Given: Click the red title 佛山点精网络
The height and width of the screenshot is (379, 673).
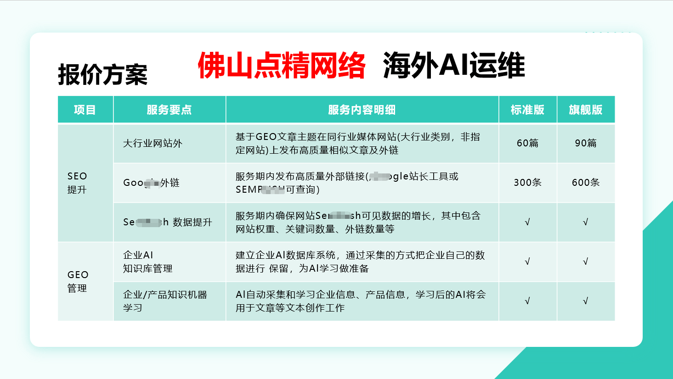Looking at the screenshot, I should [281, 65].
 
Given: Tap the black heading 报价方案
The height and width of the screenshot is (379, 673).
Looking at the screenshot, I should [102, 74].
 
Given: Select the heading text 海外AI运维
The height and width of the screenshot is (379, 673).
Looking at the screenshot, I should [453, 65].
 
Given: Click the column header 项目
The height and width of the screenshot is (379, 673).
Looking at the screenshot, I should [85, 110].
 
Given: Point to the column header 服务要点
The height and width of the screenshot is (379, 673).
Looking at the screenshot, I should [169, 110].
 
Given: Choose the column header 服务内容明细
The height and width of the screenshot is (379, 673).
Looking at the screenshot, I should [362, 110].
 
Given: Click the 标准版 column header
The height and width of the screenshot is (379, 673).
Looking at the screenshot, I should [527, 110].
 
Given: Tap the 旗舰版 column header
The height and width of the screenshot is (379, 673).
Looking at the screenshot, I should [585, 110].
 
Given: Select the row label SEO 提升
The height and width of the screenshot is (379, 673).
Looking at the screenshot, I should [77, 183].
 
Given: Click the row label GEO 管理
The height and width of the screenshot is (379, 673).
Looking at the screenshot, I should [78, 281].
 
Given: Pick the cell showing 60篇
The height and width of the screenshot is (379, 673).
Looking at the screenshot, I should [527, 143].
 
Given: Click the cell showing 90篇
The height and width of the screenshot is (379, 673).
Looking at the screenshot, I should [586, 143].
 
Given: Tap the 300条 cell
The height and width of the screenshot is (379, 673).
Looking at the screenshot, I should [527, 183].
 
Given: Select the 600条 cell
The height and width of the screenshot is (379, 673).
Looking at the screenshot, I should [586, 183].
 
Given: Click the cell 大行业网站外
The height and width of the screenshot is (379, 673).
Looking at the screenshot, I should [153, 143].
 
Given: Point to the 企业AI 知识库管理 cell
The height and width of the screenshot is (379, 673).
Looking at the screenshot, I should [147, 262].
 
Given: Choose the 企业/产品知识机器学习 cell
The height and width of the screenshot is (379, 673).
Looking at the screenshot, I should [165, 301].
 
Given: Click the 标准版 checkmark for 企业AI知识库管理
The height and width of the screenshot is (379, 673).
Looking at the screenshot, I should [527, 262].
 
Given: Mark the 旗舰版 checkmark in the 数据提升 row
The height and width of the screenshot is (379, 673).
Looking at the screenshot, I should [585, 222].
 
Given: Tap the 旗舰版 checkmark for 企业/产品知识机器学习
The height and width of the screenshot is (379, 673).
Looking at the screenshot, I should [585, 301].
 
